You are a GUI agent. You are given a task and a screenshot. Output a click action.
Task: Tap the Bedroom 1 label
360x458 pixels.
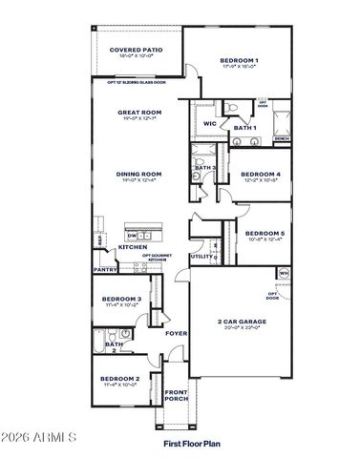(x=239, y=61)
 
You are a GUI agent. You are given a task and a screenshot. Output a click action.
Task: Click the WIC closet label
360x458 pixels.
(x=208, y=123)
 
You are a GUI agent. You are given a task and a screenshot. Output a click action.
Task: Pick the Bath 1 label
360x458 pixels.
(x=245, y=128)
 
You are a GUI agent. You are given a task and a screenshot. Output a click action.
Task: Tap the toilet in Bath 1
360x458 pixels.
(x=232, y=110)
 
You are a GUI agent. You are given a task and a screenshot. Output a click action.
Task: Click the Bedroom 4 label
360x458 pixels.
(x=263, y=174)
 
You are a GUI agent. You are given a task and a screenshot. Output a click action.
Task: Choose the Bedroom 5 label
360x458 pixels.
(x=264, y=234)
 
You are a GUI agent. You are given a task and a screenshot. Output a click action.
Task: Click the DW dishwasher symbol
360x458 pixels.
(x=134, y=236)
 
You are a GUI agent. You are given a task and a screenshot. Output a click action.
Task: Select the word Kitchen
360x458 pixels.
(x=133, y=248)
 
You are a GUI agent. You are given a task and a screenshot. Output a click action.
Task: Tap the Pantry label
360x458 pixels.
(x=105, y=270)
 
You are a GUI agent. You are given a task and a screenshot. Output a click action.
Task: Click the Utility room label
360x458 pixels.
(x=201, y=257)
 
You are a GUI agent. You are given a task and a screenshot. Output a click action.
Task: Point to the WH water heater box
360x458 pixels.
(x=284, y=274)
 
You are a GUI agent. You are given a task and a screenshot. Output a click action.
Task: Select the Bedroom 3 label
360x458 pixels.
(x=122, y=299)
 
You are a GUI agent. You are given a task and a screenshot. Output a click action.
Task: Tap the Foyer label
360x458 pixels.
(x=175, y=333)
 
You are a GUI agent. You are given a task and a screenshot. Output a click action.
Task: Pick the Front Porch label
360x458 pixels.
(x=175, y=395)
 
